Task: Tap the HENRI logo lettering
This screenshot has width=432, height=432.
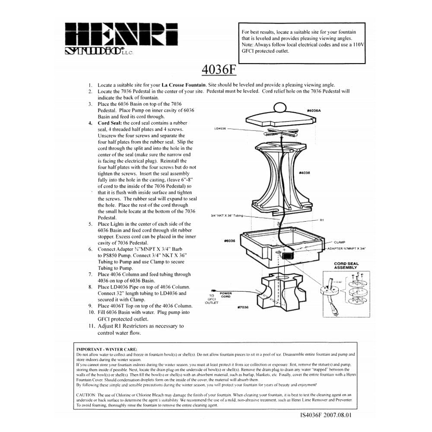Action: click(121, 34)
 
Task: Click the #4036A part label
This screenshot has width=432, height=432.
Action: click(314, 111)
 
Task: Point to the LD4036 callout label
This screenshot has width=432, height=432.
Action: click(220, 128)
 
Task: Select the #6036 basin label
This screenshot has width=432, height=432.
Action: click(229, 241)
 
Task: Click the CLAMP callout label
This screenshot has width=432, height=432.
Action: click(340, 242)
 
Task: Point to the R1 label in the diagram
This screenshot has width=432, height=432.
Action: click(322, 220)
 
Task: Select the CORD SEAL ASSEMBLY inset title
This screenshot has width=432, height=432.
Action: click(346, 266)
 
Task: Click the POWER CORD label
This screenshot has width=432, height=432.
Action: click(226, 295)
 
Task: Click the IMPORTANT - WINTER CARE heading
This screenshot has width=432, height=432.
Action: click(107, 349)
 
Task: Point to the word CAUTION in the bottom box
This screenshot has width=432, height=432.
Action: click(86, 395)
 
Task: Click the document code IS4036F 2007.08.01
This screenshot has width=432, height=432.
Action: click(329, 416)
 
